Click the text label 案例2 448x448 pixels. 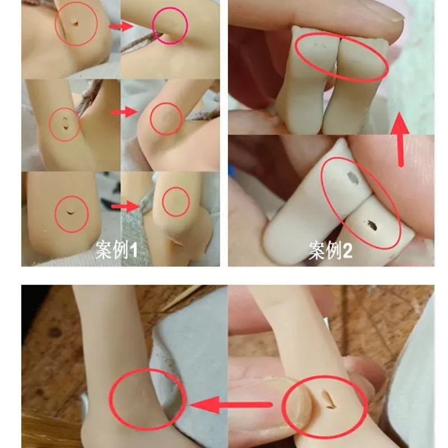(x=330, y=252)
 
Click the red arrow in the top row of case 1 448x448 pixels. (x=120, y=26)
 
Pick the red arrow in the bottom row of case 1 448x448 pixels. (x=124, y=207)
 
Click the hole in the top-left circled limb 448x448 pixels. (x=74, y=23)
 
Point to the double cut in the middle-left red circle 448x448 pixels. (x=66, y=122)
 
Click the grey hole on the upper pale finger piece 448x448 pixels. (x=353, y=178)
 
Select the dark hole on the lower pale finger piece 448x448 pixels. (x=371, y=227)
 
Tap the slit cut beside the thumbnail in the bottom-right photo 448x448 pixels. (x=327, y=399)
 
